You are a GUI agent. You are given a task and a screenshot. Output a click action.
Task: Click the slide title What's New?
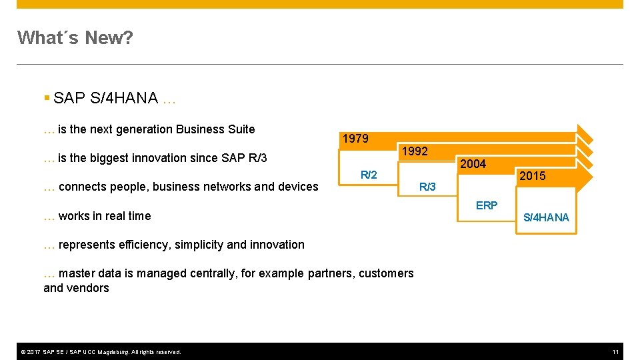coord(75,38)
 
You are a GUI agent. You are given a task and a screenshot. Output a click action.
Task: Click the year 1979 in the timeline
coord(355,139)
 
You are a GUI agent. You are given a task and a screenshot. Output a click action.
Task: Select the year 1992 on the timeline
coord(414,151)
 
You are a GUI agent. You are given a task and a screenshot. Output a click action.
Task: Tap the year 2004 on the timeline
coord(473,164)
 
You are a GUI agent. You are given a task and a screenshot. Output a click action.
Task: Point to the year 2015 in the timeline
coord(532,176)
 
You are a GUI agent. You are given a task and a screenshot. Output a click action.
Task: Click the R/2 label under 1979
coord(369,175)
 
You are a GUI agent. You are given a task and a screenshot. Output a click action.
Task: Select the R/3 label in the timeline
coord(427,187)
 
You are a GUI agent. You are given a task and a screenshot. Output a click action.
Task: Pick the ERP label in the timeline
coord(486,205)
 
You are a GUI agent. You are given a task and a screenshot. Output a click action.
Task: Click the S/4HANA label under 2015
coord(546,217)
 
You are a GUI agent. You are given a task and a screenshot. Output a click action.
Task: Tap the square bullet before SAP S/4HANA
coord(47,99)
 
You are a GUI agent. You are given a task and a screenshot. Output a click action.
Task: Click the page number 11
coord(615,351)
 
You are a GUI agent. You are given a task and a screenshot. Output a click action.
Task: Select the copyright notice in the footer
coord(100,351)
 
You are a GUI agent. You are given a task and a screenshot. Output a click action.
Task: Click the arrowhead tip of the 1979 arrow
coord(591,133)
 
